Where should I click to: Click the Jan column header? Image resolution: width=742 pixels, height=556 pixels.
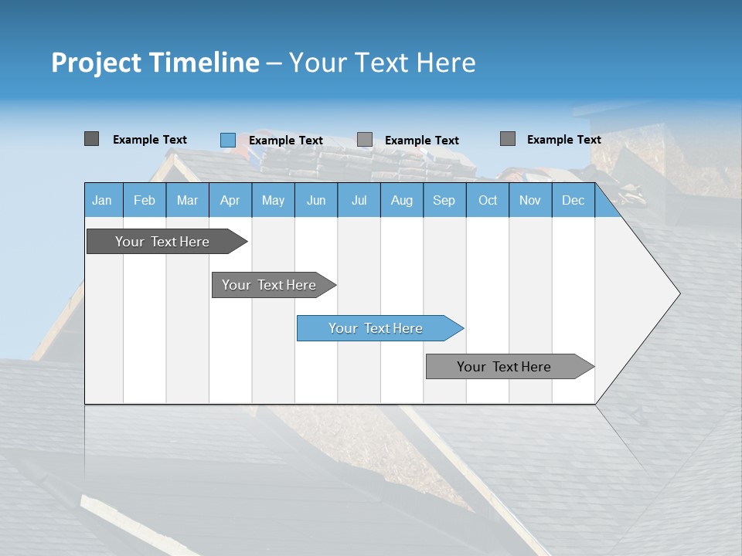pyautogui.click(x=103, y=200)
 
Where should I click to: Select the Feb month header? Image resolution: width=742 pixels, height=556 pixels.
pyautogui.click(x=145, y=200)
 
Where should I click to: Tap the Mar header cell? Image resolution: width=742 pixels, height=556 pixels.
pyautogui.click(x=187, y=200)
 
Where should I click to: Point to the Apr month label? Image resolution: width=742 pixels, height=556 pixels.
pyautogui.click(x=230, y=200)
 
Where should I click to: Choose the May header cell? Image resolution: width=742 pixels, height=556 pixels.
pyautogui.click(x=273, y=200)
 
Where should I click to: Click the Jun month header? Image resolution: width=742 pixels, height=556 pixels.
pyautogui.click(x=316, y=200)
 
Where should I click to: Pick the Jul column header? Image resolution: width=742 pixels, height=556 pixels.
pyautogui.click(x=359, y=200)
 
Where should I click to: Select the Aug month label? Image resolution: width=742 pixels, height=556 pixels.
pyautogui.click(x=402, y=200)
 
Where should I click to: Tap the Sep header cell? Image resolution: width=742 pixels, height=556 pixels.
pyautogui.click(x=444, y=200)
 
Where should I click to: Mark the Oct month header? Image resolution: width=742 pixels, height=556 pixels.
pyautogui.click(x=488, y=200)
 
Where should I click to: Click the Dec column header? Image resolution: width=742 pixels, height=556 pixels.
pyautogui.click(x=574, y=200)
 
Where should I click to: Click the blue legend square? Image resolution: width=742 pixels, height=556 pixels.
pyautogui.click(x=227, y=140)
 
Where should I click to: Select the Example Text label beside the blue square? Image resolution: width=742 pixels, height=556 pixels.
pyautogui.click(x=286, y=141)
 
